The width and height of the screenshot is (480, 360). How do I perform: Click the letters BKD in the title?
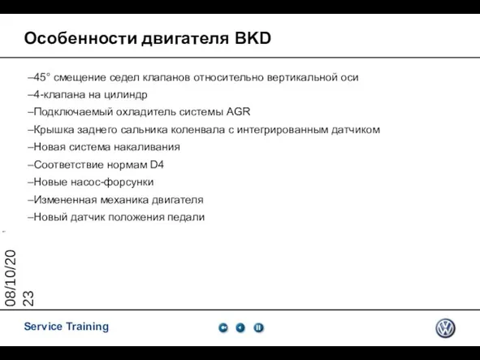(253, 38)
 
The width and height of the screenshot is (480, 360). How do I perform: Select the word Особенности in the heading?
(80, 39)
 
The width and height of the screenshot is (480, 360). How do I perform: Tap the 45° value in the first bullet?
(41, 77)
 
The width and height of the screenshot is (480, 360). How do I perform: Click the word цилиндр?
(126, 94)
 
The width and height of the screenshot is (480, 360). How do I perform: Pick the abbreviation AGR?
(238, 111)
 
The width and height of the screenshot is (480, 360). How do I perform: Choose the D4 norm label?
(157, 164)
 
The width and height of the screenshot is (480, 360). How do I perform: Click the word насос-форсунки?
(112, 182)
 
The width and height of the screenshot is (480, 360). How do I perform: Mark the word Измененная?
(65, 200)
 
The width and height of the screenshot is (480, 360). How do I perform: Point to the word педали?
(186, 217)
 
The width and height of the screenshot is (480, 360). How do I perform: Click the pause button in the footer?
(258, 327)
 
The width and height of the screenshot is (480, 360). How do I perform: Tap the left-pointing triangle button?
(240, 327)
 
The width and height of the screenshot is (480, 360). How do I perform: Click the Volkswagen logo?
(445, 328)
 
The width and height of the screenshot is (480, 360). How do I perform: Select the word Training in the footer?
(88, 327)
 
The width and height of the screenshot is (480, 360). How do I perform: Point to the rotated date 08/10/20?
(11, 278)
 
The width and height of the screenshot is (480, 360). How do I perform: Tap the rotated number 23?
(28, 298)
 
